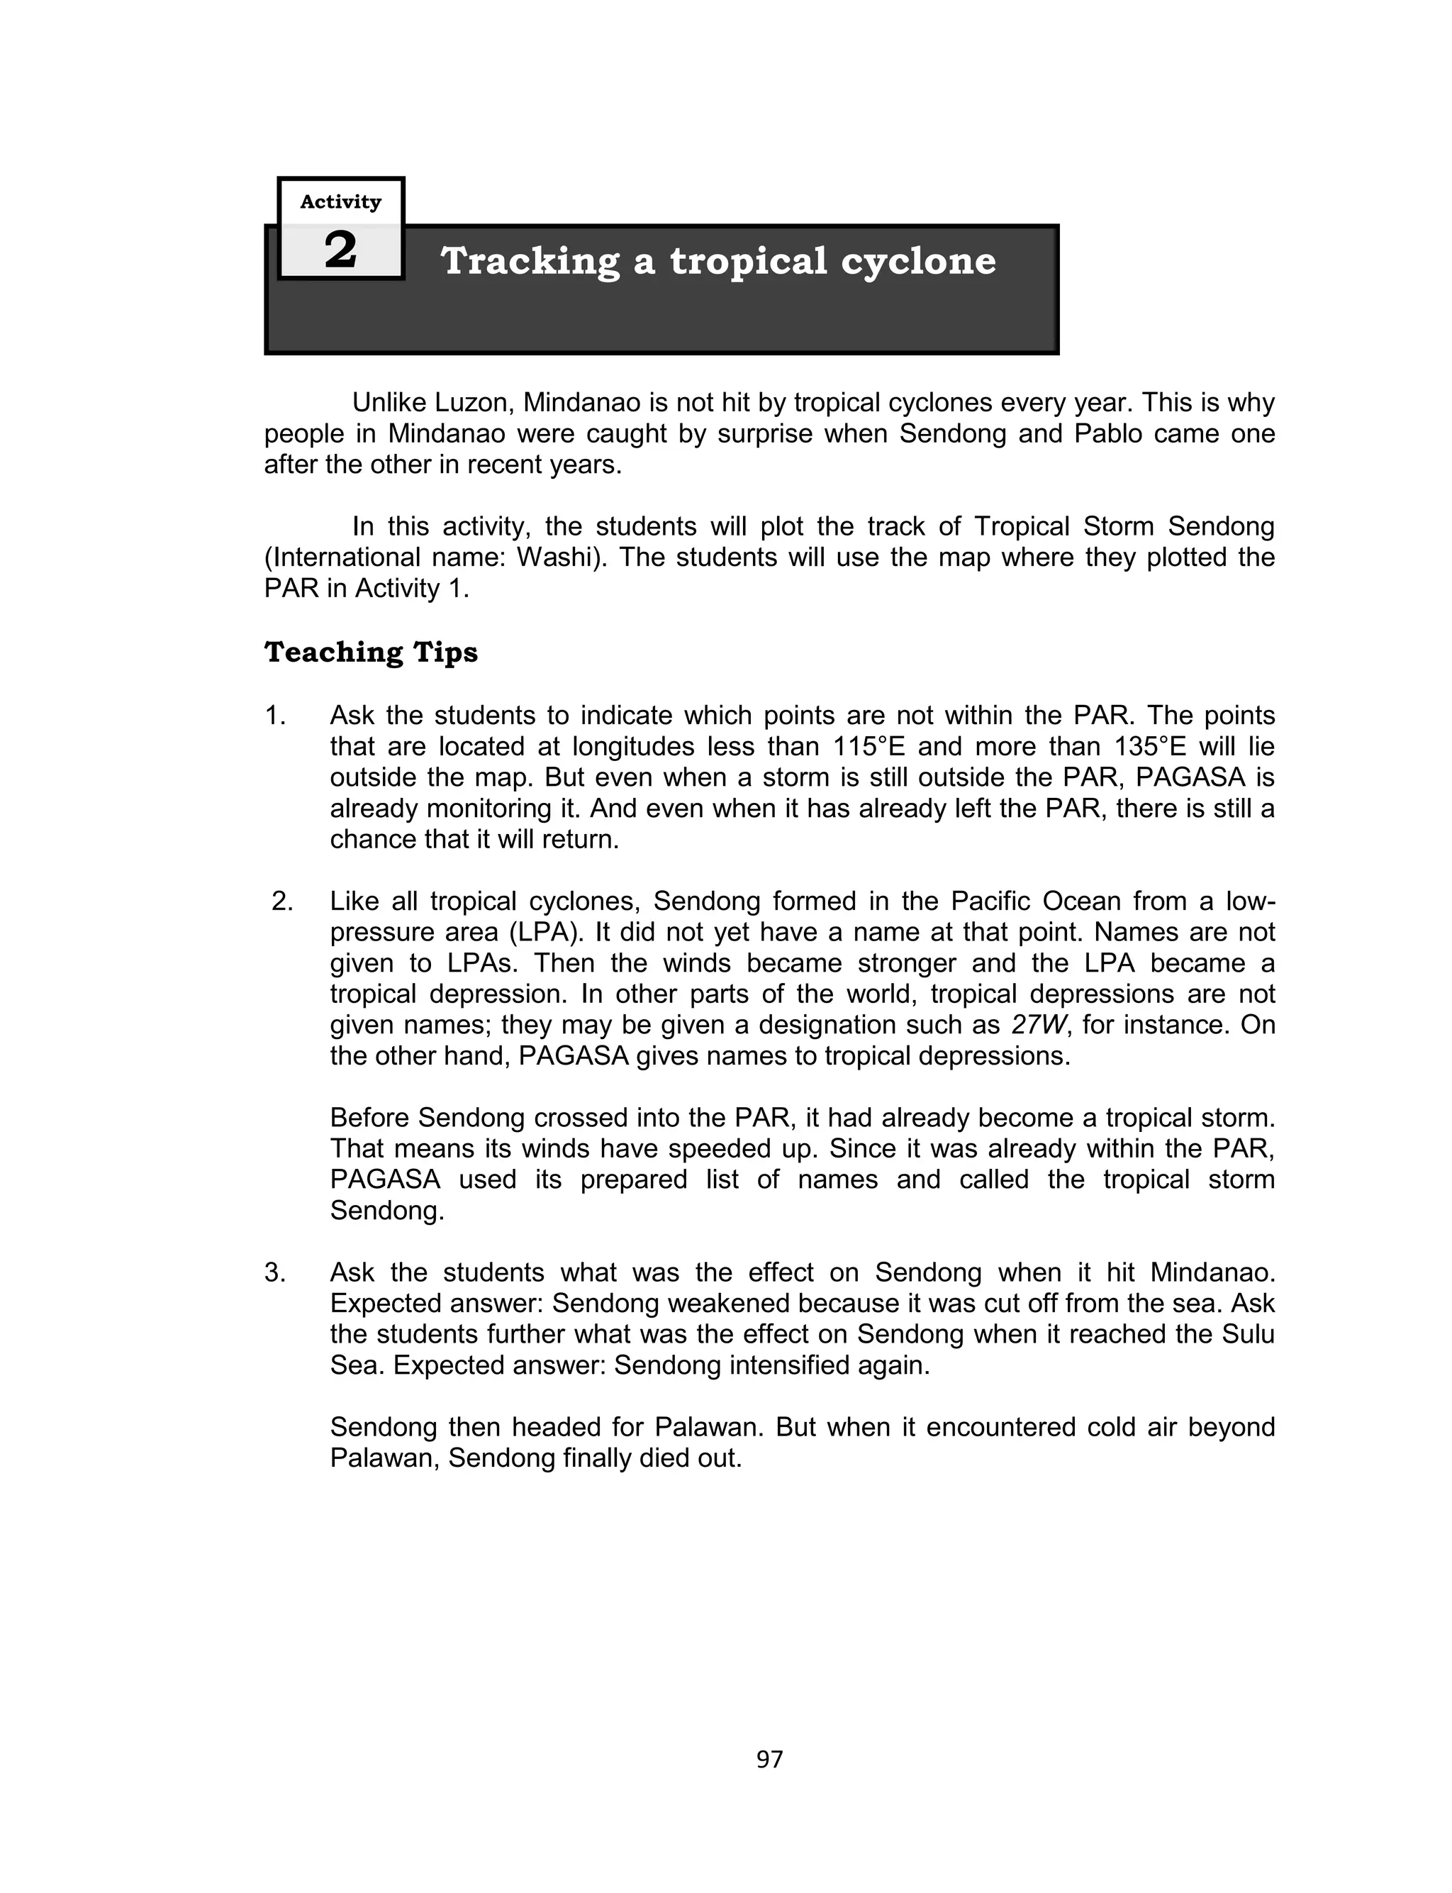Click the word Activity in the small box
(x=340, y=201)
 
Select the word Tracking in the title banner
(x=530, y=261)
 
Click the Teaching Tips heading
(x=371, y=652)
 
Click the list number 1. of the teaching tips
(x=275, y=716)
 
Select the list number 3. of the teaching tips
(x=275, y=1272)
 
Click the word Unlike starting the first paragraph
(x=388, y=403)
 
